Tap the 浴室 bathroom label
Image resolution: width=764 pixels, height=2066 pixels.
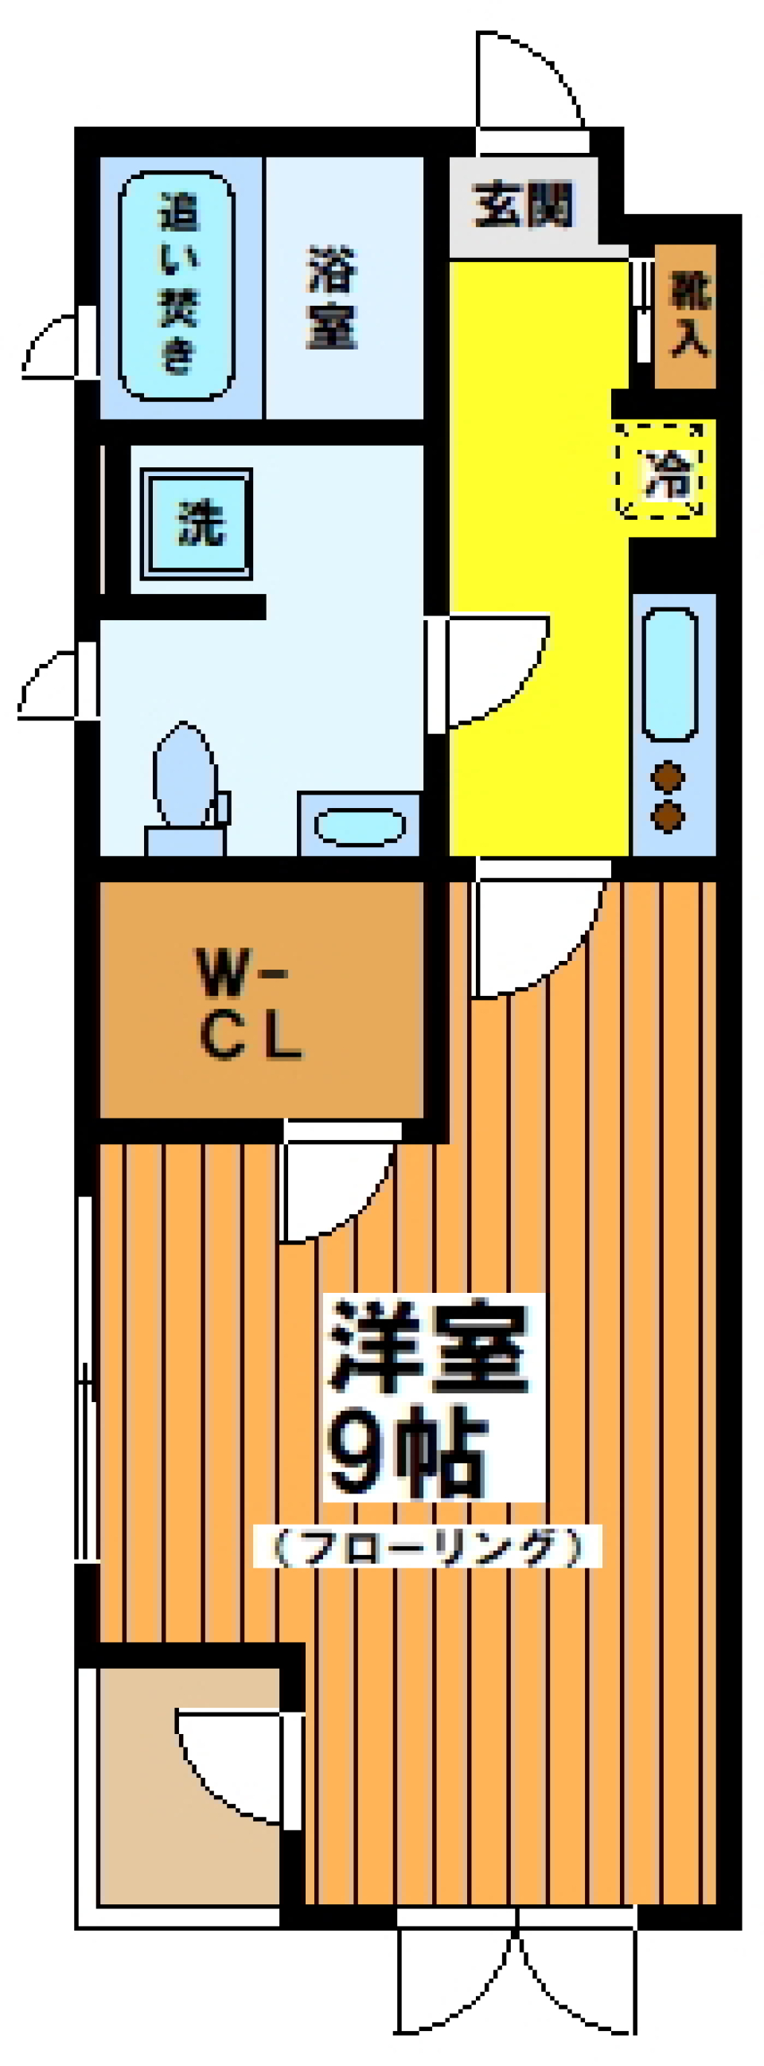pyautogui.click(x=331, y=299)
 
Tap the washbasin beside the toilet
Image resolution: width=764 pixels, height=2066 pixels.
pyautogui.click(x=359, y=826)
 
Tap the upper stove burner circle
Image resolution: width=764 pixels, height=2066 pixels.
pyautogui.click(x=668, y=776)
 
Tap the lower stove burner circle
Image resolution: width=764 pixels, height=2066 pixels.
pyautogui.click(x=668, y=818)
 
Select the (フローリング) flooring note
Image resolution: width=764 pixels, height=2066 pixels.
pyautogui.click(x=426, y=1545)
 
